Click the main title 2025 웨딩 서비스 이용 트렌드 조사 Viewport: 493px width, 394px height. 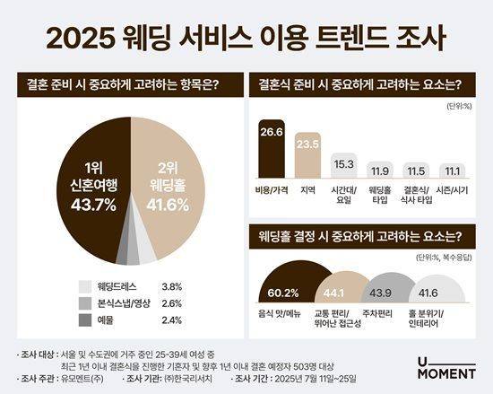pos(246,39)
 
